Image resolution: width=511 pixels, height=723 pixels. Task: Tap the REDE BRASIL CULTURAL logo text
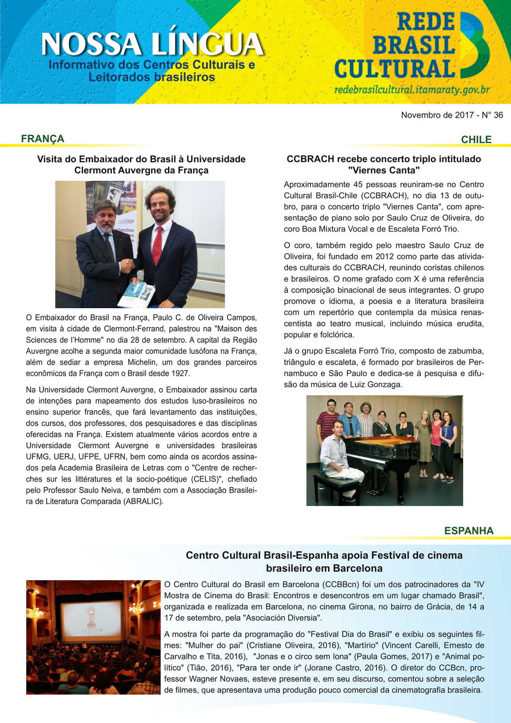395,46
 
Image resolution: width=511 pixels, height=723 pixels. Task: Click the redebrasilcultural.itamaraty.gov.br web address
412,89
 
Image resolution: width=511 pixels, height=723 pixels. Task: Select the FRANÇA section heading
43,139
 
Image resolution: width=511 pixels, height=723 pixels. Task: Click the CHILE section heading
476,140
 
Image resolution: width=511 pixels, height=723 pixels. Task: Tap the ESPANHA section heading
469,531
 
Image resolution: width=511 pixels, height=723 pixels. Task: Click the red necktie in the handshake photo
157,245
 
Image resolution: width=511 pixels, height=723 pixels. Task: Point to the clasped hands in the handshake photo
128,265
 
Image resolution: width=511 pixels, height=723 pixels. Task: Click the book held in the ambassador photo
136,294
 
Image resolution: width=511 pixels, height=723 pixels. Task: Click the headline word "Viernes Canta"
383,170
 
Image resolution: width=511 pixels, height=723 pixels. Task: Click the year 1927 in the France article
180,374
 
